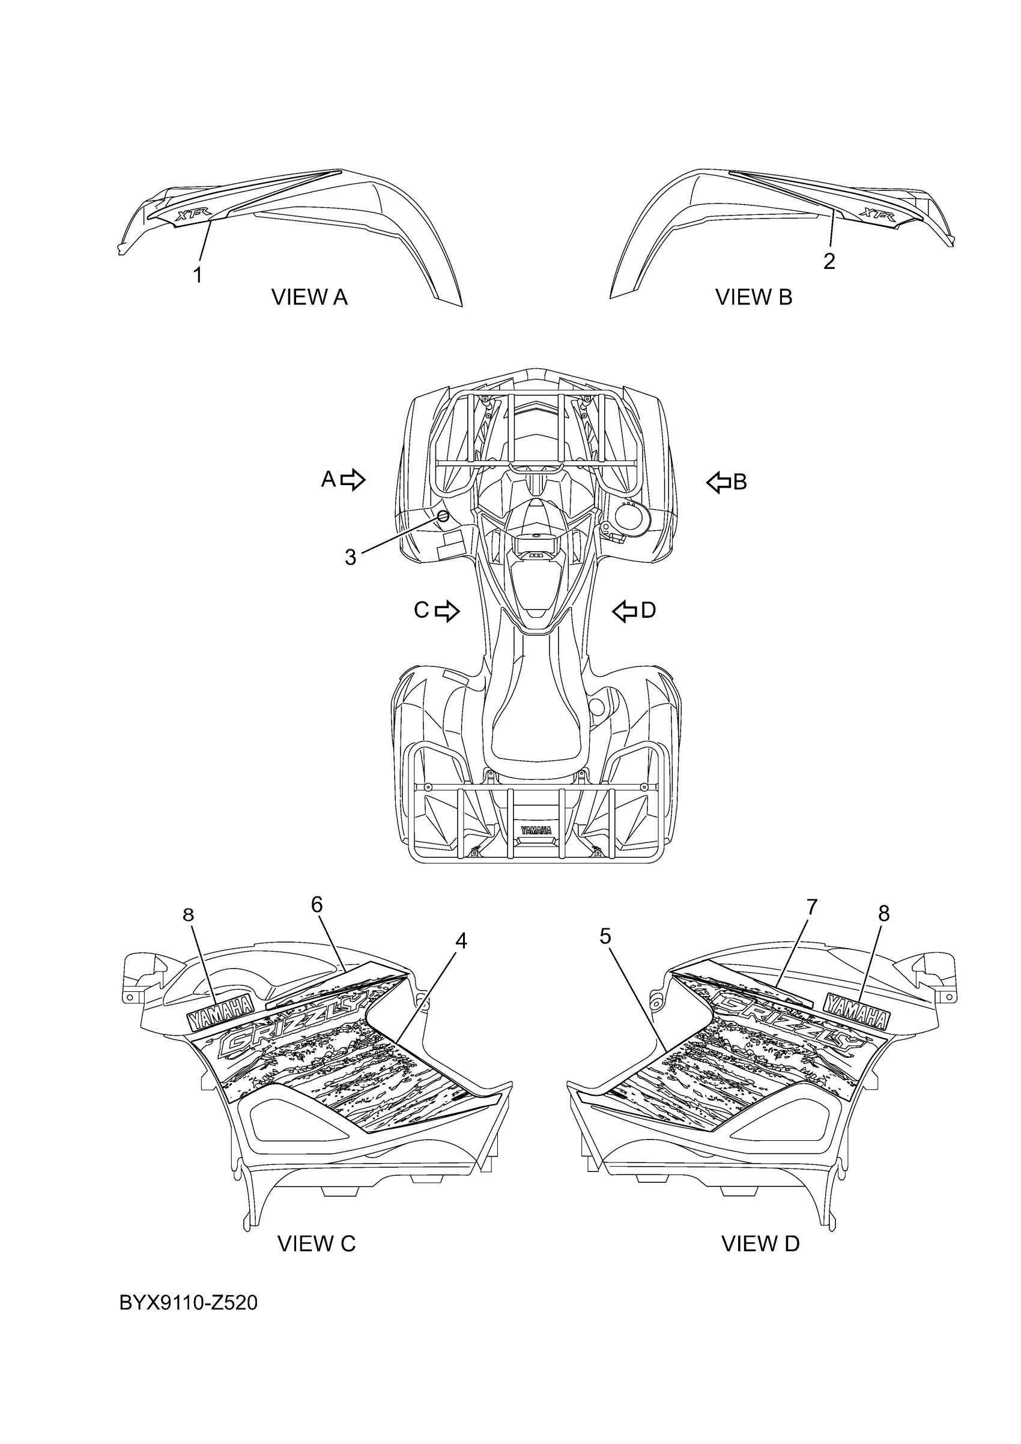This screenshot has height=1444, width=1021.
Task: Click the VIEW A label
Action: pos(309,297)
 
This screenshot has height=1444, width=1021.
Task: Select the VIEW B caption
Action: pos(754,297)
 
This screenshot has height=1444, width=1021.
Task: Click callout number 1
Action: pos(198,275)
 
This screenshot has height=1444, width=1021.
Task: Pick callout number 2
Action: pos(829,261)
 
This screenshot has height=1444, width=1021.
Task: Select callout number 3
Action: pos(350,557)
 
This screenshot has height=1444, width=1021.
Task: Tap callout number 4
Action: pos(461,959)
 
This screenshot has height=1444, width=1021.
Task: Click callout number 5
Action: pos(605,954)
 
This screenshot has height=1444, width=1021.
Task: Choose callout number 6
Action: pos(317,923)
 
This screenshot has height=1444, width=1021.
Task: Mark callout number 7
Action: pos(811,925)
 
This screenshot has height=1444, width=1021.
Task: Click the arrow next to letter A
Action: pos(353,480)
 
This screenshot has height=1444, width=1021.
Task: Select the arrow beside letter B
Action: pos(718,483)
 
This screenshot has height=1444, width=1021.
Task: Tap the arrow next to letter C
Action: pos(447,611)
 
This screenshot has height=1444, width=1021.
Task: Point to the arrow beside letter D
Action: pos(625,611)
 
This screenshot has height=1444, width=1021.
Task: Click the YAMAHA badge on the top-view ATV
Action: pos(535,830)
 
